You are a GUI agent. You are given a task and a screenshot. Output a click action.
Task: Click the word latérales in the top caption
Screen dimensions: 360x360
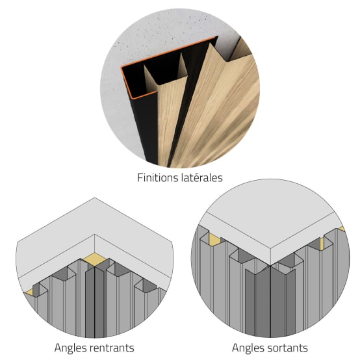pyautogui.click(x=201, y=177)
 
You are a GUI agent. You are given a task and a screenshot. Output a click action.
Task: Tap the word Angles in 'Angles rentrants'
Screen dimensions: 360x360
pyautogui.click(x=69, y=348)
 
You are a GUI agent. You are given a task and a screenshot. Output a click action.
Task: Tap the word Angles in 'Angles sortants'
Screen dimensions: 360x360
pyautogui.click(x=246, y=348)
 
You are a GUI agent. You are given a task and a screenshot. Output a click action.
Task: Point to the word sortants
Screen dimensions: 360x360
pyautogui.click(x=286, y=348)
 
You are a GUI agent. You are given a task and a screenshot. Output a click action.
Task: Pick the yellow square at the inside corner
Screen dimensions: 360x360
pyautogui.click(x=95, y=259)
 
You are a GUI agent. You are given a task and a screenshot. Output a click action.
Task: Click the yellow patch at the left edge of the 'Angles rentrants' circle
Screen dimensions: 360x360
pyautogui.click(x=29, y=292)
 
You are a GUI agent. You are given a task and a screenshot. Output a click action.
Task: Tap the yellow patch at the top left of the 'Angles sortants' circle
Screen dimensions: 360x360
pyautogui.click(x=214, y=238)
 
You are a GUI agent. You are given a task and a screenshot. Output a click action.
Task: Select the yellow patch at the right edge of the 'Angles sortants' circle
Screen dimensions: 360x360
pyautogui.click(x=342, y=229)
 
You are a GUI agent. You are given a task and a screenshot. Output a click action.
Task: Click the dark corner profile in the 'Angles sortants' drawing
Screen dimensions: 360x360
pyautogui.click(x=270, y=301)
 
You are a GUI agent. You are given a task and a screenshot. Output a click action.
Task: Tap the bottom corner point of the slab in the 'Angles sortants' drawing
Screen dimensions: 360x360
pyautogui.click(x=271, y=265)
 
